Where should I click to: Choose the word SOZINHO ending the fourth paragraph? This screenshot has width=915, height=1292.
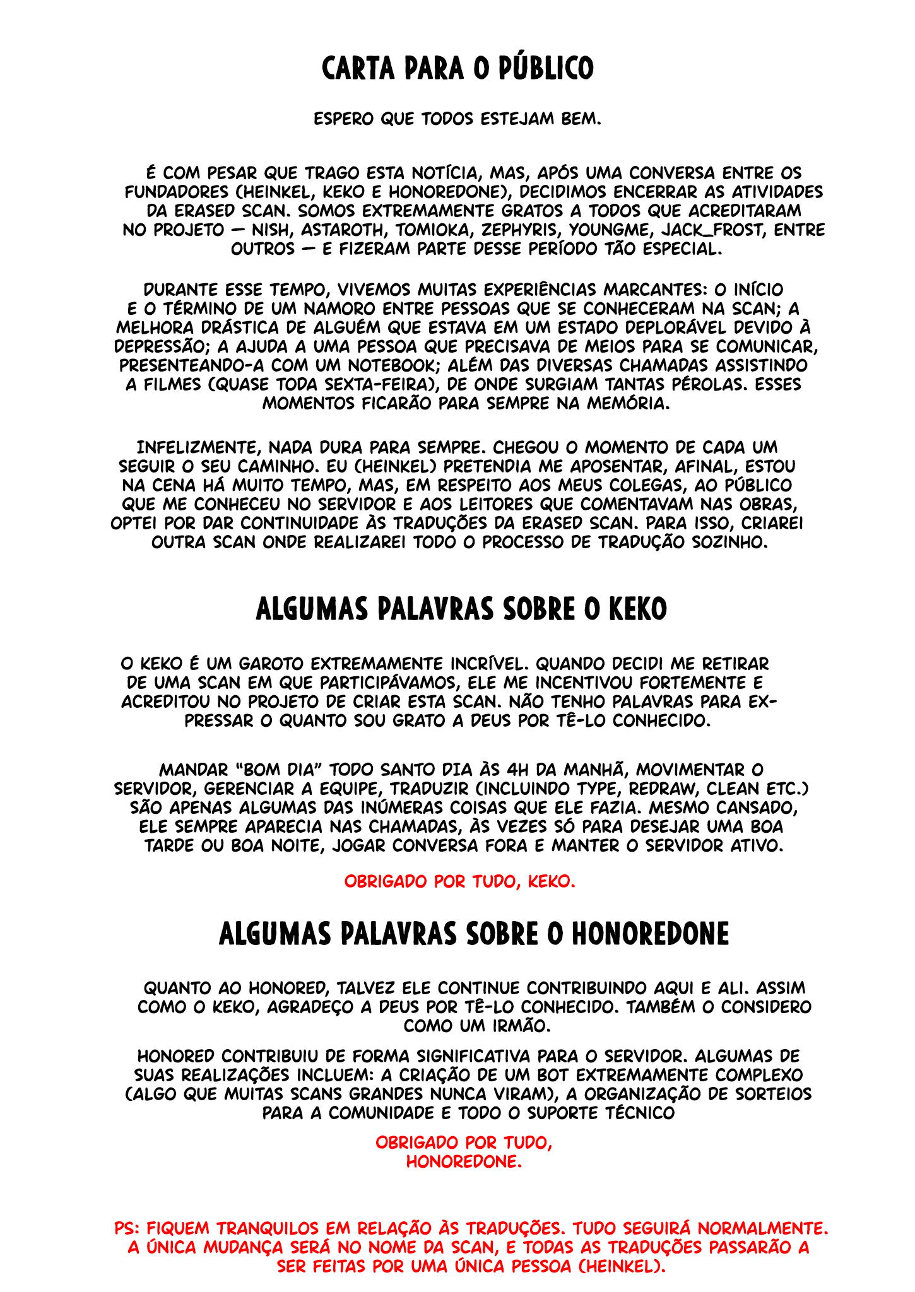click(x=728, y=542)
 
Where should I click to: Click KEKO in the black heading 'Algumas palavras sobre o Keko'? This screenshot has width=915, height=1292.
click(x=637, y=610)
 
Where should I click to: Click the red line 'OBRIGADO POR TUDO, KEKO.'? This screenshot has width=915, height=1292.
click(x=459, y=881)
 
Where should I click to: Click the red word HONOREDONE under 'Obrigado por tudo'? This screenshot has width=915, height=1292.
click(x=464, y=1161)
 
